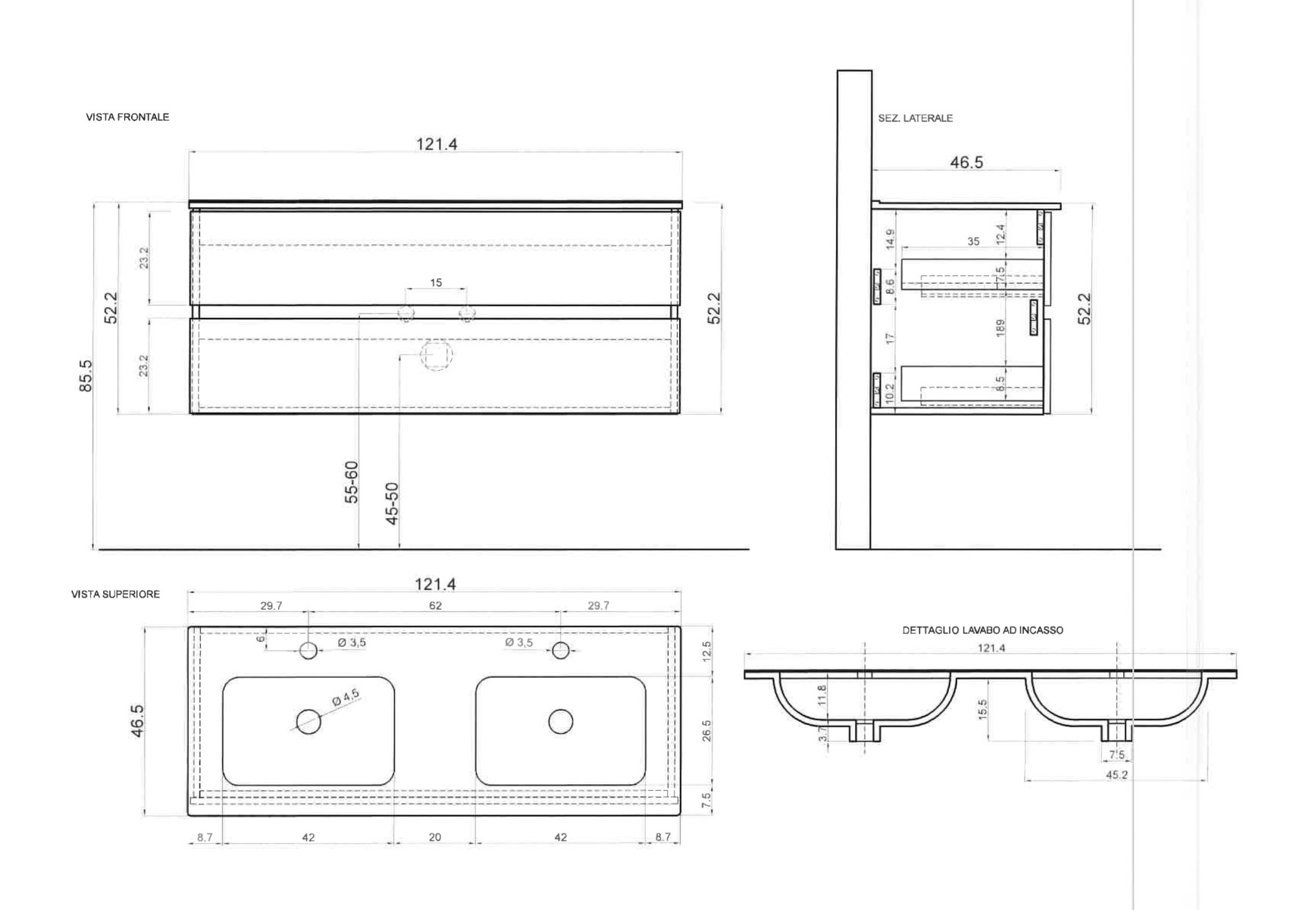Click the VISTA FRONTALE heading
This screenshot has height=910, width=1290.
point(127,118)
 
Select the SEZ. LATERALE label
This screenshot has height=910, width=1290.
point(915,118)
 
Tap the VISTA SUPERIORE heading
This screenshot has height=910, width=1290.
point(115,595)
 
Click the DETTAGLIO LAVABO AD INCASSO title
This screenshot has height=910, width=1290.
point(982,630)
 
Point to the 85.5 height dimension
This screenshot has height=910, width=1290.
point(86,375)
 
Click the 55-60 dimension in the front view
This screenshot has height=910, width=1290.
point(352,482)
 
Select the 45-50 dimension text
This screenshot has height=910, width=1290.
point(392,504)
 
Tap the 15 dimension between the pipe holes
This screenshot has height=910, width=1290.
point(436,283)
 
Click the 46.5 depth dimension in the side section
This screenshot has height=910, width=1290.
point(966,162)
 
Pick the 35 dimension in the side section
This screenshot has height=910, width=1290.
point(973,241)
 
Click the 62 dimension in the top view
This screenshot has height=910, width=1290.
point(435,606)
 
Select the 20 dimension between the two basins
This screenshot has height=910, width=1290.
point(435,837)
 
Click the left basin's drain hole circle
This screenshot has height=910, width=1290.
point(308,722)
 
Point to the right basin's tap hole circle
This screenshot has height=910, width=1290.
point(561,651)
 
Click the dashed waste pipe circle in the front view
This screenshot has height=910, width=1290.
point(437,355)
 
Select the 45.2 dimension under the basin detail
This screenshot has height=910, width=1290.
point(1116,775)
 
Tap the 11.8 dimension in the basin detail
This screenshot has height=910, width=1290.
point(822,695)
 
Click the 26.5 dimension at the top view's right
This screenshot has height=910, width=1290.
point(706,730)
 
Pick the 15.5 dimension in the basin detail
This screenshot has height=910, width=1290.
point(983,710)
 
